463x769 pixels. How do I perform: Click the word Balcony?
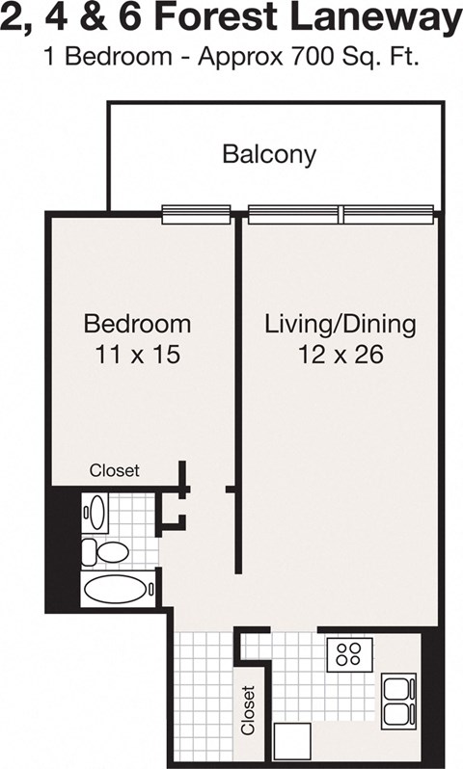point(269,154)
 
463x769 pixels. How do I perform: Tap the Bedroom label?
point(137,323)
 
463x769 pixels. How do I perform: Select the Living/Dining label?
point(340,323)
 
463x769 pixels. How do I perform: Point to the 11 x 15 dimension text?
point(137,355)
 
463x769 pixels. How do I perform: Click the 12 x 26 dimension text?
point(340,355)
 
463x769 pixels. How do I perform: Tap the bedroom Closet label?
point(115,471)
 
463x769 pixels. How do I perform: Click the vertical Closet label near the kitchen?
point(249,710)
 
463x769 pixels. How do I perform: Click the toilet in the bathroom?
point(105,552)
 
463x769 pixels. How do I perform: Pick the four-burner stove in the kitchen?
point(349,654)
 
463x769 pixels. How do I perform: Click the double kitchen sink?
point(398,701)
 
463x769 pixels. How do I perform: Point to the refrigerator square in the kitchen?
point(292,741)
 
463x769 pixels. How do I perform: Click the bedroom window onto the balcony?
point(196,214)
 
